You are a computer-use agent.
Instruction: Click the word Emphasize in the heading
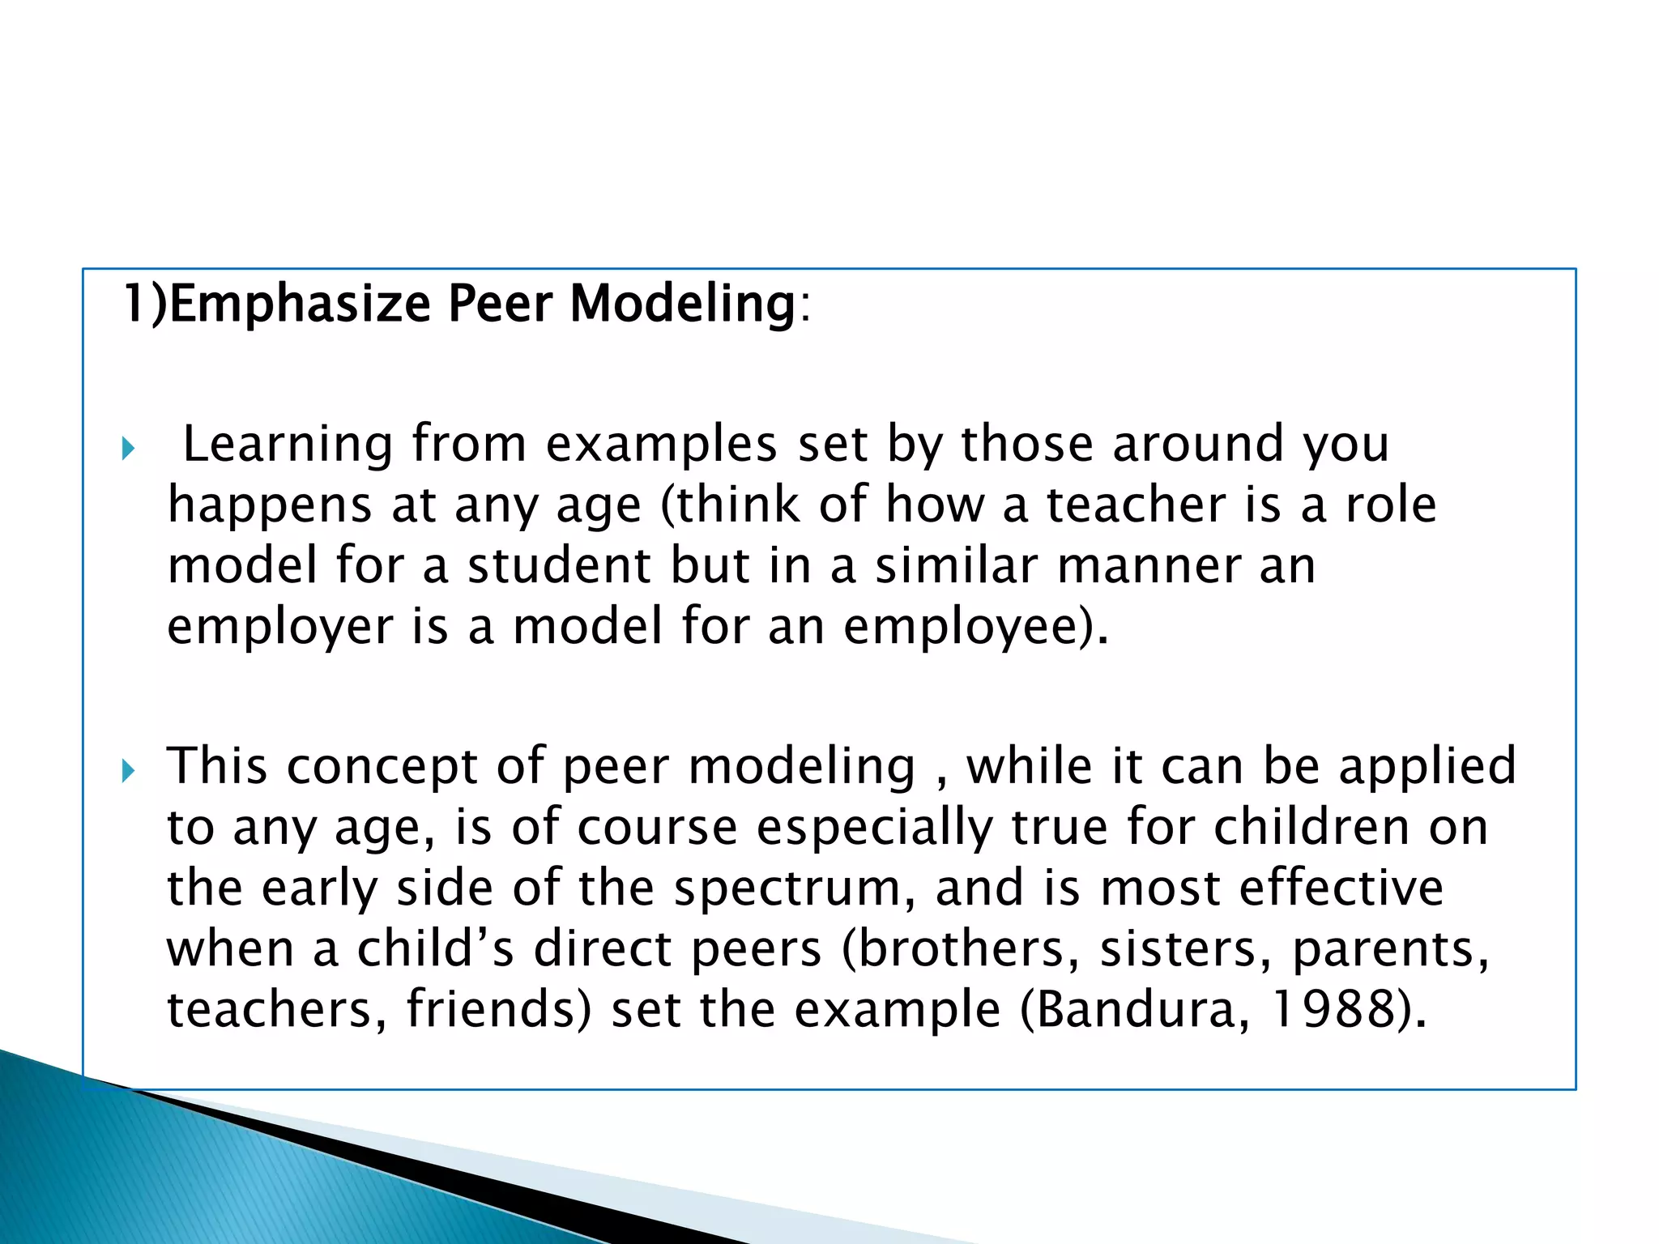tap(300, 305)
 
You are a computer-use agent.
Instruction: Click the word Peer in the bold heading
tap(500, 305)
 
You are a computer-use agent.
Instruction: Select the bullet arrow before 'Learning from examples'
tap(128, 448)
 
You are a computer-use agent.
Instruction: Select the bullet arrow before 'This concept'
tap(128, 770)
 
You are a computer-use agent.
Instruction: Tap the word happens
tap(270, 506)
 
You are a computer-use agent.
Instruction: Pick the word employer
tap(279, 628)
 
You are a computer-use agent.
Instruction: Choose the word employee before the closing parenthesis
tap(962, 628)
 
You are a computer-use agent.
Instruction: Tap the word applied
tap(1427, 766)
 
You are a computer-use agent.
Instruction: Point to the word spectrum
tap(787, 889)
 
